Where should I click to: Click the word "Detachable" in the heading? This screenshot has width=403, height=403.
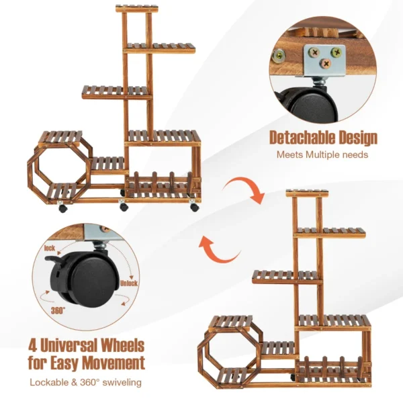(x=300, y=138)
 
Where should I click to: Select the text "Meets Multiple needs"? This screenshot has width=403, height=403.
(x=323, y=154)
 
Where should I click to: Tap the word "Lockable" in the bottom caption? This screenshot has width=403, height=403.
(x=49, y=383)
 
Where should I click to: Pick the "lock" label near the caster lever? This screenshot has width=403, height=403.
(x=49, y=249)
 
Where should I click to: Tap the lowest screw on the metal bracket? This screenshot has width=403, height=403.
(x=325, y=64)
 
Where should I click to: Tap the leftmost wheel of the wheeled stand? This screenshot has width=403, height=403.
(x=62, y=208)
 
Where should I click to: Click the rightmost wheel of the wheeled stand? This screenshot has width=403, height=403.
(x=194, y=208)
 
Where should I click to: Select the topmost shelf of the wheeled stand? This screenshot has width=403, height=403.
(x=137, y=9)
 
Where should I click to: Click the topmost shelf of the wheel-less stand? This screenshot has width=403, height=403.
(x=307, y=193)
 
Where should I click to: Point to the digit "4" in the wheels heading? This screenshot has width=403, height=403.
(x=33, y=347)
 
